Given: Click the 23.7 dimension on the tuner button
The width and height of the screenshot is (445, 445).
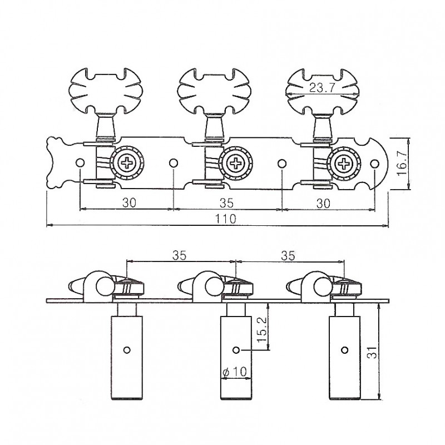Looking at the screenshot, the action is (x=322, y=88).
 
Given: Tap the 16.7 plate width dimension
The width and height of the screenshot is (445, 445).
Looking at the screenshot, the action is (x=403, y=163).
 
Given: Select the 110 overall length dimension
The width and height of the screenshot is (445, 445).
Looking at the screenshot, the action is (x=226, y=219).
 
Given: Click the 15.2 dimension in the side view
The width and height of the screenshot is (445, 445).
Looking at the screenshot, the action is (x=262, y=329).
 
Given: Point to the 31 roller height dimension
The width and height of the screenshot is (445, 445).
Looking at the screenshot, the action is (x=372, y=352).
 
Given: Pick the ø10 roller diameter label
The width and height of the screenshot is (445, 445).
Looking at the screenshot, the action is (x=235, y=372).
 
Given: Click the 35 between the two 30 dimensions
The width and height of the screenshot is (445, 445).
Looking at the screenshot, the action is (x=226, y=203).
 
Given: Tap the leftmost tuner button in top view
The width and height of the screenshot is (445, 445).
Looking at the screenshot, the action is (x=106, y=91).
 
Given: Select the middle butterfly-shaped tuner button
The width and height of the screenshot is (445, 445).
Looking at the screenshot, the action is (x=214, y=91).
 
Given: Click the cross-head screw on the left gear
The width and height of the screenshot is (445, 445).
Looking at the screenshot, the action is (x=127, y=163).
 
